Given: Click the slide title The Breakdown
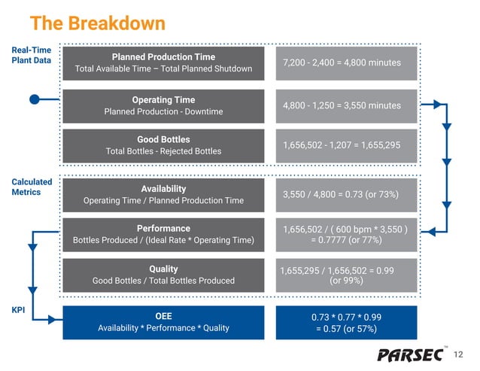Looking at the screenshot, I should (x=97, y=23).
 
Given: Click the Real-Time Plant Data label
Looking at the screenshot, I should (x=31, y=56).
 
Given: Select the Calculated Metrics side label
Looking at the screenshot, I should (x=31, y=187).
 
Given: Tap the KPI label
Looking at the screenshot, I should (x=20, y=309).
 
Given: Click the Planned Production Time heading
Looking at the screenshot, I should (x=163, y=57).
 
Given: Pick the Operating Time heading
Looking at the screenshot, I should (x=163, y=100).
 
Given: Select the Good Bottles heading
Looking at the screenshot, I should (x=163, y=140).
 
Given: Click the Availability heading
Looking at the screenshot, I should (x=163, y=188).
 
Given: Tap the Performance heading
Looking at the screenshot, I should (x=163, y=229).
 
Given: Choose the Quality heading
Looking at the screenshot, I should (x=163, y=269).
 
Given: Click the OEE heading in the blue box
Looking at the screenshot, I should (x=163, y=316).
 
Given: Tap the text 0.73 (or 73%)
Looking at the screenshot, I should (x=370, y=195).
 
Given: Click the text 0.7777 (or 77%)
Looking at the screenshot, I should (x=351, y=240).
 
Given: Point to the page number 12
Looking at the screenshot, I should (x=460, y=354).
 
